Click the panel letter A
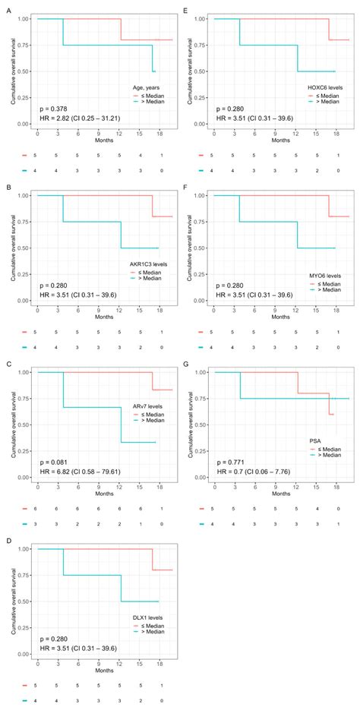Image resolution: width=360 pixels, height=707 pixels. click(x=5, y=9)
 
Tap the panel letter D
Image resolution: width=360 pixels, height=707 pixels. click(x=5, y=540)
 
